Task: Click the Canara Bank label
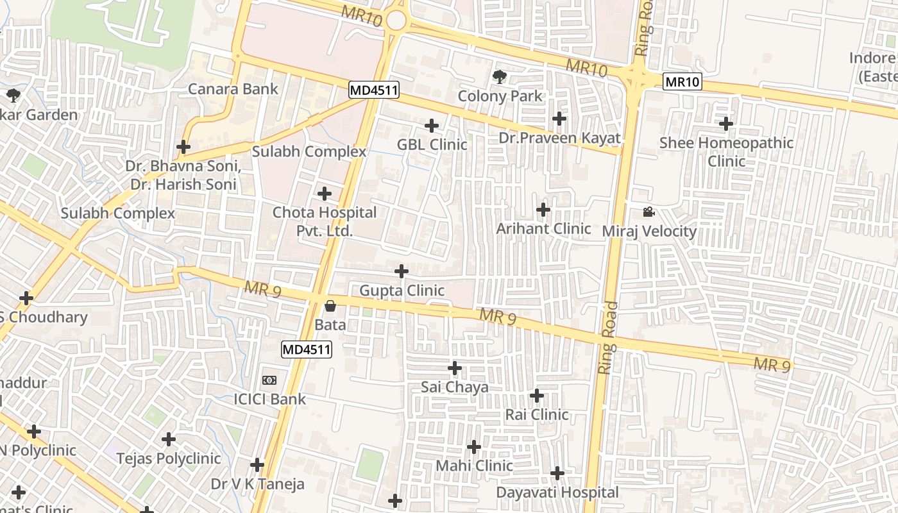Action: click(x=233, y=88)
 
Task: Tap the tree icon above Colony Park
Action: click(x=499, y=77)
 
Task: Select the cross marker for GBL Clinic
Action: click(x=432, y=125)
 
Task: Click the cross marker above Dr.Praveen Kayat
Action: click(x=559, y=119)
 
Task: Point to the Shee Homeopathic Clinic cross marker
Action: click(x=726, y=123)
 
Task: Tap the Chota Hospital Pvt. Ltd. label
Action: click(x=324, y=221)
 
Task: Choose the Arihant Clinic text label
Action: click(x=543, y=228)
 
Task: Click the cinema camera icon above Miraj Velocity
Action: click(x=648, y=212)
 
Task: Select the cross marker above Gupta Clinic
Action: click(x=402, y=271)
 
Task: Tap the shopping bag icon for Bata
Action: click(x=330, y=306)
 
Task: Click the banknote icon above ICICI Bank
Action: click(x=269, y=380)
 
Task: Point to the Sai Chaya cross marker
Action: click(x=455, y=368)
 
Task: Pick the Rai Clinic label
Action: click(x=537, y=414)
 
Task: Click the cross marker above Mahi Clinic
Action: click(x=474, y=446)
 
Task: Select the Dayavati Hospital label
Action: click(x=557, y=492)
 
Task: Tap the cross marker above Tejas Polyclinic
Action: click(x=169, y=439)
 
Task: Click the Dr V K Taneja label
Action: click(x=258, y=484)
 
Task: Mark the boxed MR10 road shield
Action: click(x=682, y=81)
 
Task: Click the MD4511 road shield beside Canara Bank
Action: click(x=374, y=90)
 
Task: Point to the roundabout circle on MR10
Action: click(x=396, y=21)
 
